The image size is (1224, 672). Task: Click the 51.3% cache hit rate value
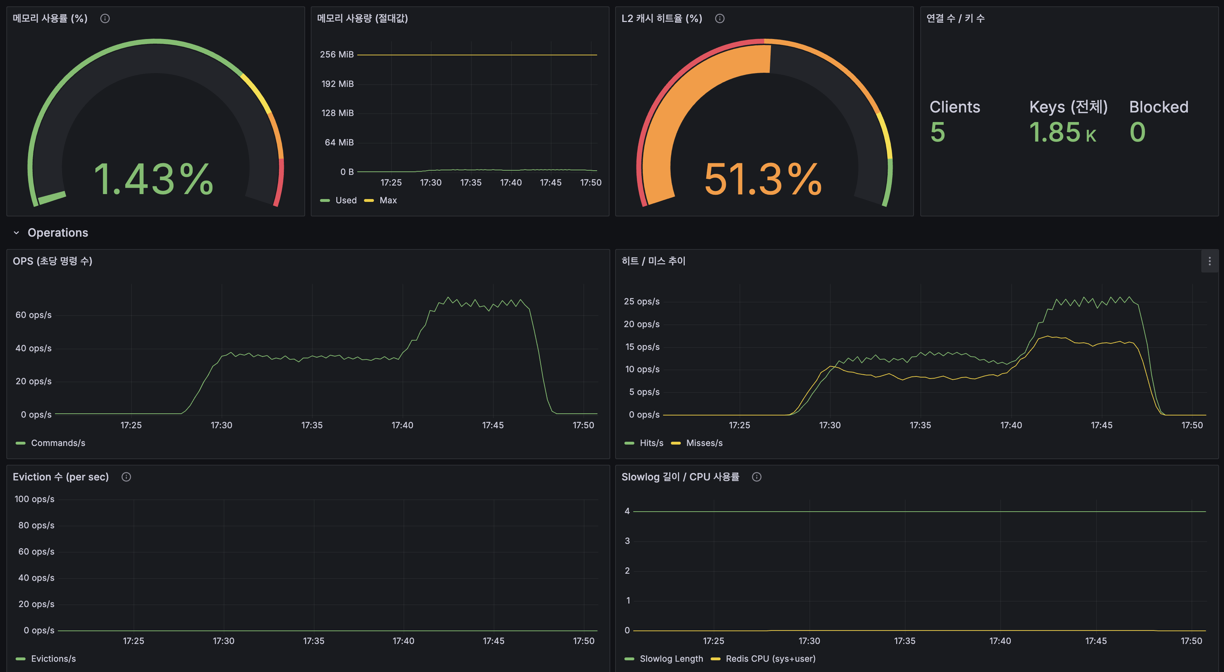763,179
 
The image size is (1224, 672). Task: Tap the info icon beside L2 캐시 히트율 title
719,18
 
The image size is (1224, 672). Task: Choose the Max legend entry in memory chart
388,200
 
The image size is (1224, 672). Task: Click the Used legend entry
346,200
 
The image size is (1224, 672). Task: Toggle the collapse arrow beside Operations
17,233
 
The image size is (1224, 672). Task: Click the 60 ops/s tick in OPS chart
33,315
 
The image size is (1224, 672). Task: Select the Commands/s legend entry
57,443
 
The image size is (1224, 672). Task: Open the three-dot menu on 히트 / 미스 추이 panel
1209,261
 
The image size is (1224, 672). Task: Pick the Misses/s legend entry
704,443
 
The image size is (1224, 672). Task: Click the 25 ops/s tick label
641,301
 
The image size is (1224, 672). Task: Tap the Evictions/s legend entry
53,659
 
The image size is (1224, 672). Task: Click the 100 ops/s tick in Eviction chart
34,499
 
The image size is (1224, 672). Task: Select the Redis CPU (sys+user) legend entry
770,659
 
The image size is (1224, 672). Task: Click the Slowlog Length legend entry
671,659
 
